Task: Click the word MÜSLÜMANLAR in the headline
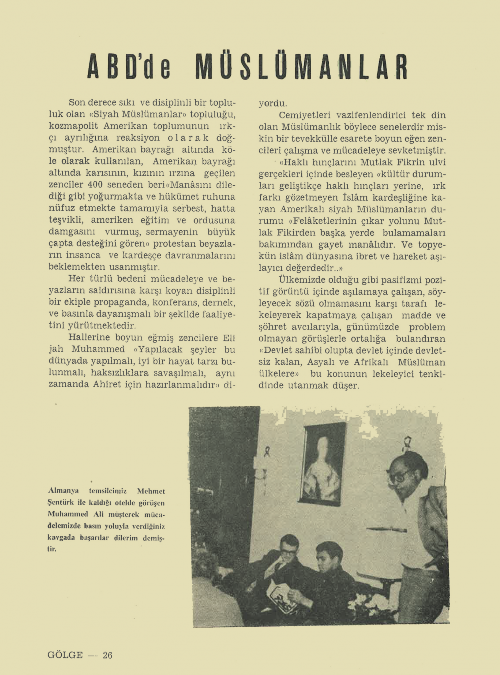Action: point(302,66)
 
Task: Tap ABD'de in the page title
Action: point(129,66)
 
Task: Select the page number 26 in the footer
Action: point(107,655)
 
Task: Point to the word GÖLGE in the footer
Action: point(65,655)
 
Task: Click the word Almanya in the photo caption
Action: point(63,491)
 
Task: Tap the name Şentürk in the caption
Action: point(61,503)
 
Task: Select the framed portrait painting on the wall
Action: point(322,463)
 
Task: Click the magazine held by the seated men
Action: point(282,597)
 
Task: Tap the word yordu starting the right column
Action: point(273,104)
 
